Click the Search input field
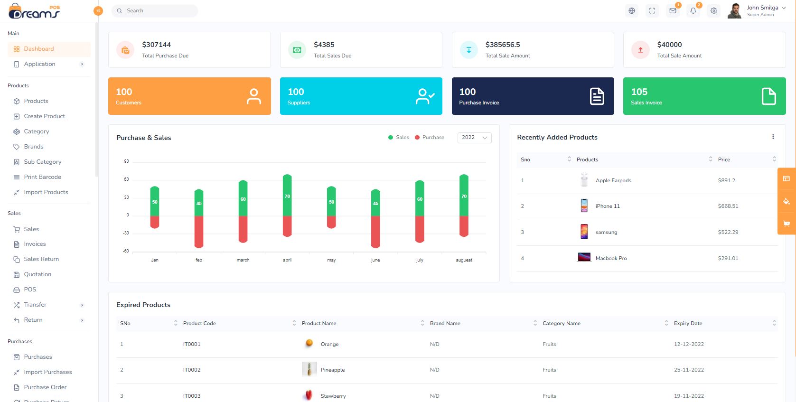[157, 10]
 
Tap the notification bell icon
[693, 10]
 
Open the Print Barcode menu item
[42, 177]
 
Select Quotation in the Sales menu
[37, 274]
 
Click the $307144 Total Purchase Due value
[156, 45]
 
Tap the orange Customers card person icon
[253, 96]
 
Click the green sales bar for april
[287, 195]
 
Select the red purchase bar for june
[375, 232]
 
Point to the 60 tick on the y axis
[126, 179]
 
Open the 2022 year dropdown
[474, 138]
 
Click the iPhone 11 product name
[608, 206]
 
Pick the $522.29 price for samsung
[728, 232]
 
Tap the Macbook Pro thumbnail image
[584, 258]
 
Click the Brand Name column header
[445, 323]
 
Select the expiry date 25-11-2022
[688, 370]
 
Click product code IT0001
[192, 344]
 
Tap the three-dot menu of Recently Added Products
[773, 137]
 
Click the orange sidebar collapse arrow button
[98, 10]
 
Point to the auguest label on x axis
[464, 260]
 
